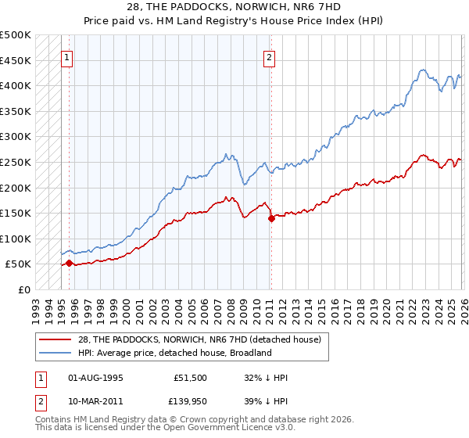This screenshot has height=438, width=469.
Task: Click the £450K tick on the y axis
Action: coord(16,60)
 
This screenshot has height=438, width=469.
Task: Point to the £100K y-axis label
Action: coord(16,239)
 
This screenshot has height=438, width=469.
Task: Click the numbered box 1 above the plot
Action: coord(68,57)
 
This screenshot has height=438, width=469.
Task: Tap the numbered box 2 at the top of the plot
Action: coord(269,57)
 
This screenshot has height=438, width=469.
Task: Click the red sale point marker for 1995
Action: coord(69,264)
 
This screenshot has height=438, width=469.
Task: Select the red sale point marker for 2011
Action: coord(271,219)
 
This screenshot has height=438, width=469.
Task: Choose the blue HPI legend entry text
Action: coord(174,354)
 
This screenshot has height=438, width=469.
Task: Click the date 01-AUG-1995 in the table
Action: coord(95,377)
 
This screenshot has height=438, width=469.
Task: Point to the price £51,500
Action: coord(190,377)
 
